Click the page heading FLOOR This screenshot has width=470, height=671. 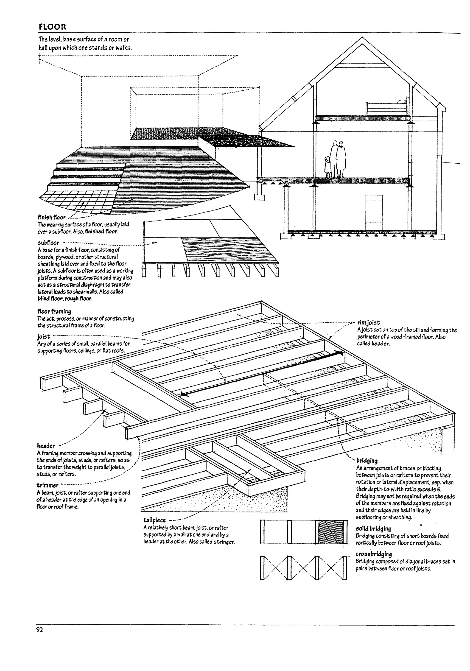point(53,27)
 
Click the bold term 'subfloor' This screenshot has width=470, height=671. point(48,243)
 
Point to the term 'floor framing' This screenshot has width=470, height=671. point(54,311)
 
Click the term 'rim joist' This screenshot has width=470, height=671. point(368,323)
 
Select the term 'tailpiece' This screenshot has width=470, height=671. point(154,520)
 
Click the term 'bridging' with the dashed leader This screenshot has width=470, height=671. point(367,461)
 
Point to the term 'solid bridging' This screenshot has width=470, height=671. point(373,528)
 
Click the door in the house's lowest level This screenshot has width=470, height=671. point(374,212)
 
